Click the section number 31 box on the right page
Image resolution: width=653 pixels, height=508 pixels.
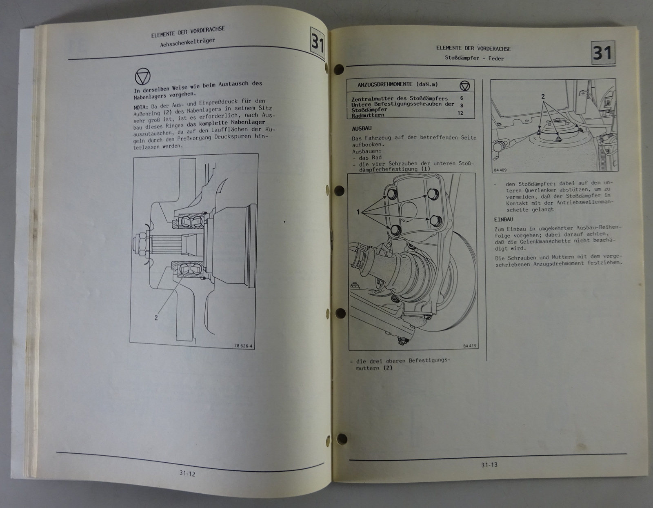603,53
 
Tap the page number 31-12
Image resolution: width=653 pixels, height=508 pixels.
187,473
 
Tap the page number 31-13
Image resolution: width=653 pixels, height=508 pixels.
489,465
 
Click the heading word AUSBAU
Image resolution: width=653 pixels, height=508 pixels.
362,128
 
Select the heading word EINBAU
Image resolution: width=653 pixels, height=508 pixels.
503,219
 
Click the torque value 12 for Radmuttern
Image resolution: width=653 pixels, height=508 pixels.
460,113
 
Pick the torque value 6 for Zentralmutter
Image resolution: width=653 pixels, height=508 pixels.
462,98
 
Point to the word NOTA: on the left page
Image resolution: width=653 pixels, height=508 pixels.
141,107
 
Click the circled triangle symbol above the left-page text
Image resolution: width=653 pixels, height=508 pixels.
142,77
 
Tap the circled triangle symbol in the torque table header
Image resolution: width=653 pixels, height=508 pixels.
464,86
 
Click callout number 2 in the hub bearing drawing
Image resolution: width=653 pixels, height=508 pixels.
156,317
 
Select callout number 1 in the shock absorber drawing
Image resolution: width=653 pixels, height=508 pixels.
358,212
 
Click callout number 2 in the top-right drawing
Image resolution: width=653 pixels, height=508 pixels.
543,96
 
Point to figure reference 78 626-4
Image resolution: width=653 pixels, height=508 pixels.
243,346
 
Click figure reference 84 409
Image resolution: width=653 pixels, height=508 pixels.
500,170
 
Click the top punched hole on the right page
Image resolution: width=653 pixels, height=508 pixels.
339,69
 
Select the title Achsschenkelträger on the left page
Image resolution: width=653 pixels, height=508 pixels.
187,42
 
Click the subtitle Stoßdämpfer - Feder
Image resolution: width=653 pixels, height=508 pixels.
474,58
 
